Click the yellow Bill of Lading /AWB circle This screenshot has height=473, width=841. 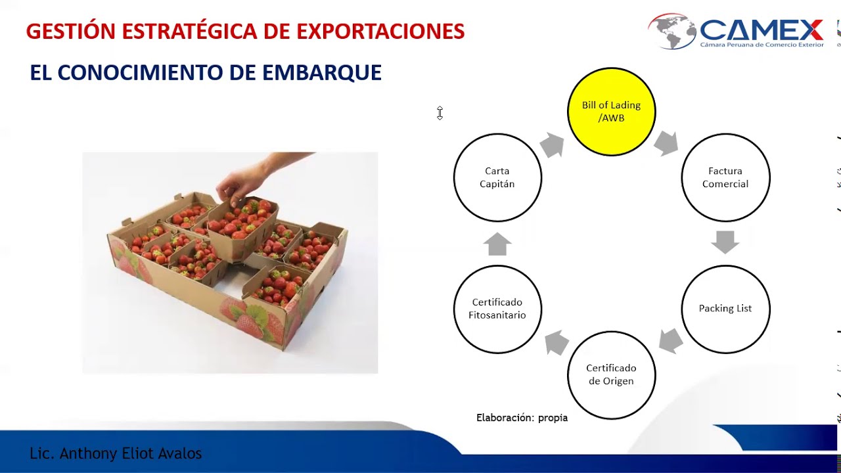pyautogui.click(x=611, y=112)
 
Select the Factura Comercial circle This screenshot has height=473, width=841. pyautogui.click(x=725, y=177)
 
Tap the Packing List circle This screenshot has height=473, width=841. pyautogui.click(x=725, y=309)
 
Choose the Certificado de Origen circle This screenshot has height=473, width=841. pyautogui.click(x=611, y=374)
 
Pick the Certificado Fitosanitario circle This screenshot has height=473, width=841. pyautogui.click(x=497, y=309)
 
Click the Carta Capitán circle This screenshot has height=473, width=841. pyautogui.click(x=497, y=177)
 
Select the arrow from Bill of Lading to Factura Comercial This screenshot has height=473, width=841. pyautogui.click(x=666, y=143)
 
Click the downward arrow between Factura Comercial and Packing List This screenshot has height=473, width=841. pyautogui.click(x=725, y=242)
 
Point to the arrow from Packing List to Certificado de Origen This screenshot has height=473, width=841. pyautogui.click(x=670, y=340)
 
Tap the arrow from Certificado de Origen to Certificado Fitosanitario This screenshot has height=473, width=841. pyautogui.click(x=557, y=342)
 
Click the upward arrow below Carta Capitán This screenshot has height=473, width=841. pyautogui.click(x=497, y=244)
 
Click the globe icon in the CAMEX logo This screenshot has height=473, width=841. pyautogui.click(x=671, y=31)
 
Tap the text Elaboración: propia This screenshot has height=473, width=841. pyautogui.click(x=522, y=418)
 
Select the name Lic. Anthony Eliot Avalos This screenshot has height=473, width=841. pyautogui.click(x=116, y=453)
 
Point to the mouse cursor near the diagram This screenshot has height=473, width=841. pyautogui.click(x=440, y=113)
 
